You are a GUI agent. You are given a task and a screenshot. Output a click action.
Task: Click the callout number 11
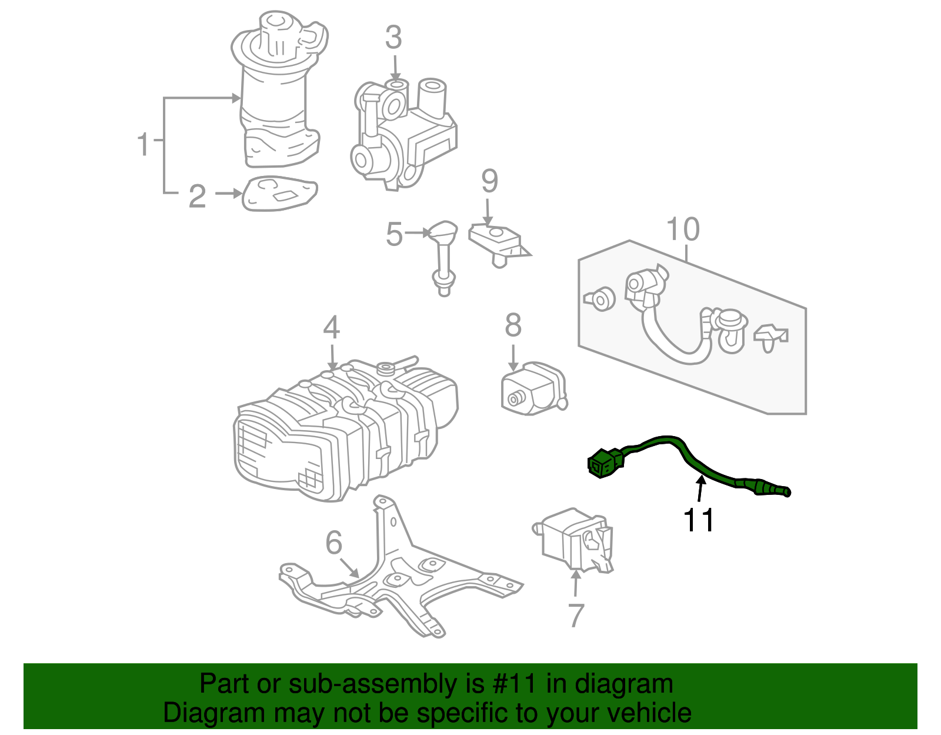coord(699,520)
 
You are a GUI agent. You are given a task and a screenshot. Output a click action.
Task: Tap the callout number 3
coord(393,37)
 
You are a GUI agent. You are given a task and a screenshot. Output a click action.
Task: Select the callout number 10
coord(683,230)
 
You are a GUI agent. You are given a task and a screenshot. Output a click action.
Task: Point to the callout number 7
coord(576,616)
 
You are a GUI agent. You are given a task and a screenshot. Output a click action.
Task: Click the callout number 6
coord(333,542)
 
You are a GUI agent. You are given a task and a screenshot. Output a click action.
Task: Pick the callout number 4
coord(331,327)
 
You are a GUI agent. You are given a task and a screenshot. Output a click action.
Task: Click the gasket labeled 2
coord(279,194)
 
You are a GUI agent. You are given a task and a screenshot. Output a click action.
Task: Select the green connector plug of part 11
coord(604,463)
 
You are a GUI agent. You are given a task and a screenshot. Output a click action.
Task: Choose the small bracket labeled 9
coord(497,243)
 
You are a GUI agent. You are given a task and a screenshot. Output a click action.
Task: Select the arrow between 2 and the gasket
coord(229,194)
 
